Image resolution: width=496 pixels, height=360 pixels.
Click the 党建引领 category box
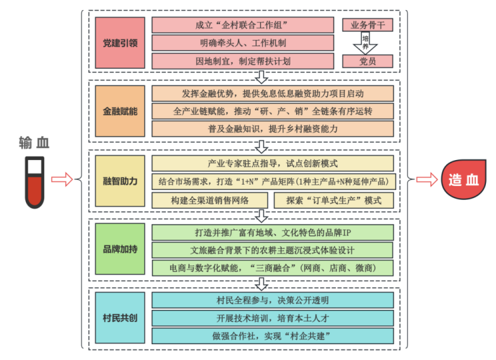(x=120, y=43)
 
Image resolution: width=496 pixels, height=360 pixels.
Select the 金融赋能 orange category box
(x=120, y=111)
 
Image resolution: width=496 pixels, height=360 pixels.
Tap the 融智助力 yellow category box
(x=120, y=181)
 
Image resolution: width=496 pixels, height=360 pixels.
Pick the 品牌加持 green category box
(x=120, y=249)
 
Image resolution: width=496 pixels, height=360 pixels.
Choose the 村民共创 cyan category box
(x=120, y=318)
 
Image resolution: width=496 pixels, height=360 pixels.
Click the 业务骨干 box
(x=368, y=25)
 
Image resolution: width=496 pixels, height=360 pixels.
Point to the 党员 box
(x=368, y=61)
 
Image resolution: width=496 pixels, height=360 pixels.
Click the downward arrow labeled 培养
(x=368, y=43)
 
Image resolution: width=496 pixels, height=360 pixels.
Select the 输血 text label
(x=34, y=144)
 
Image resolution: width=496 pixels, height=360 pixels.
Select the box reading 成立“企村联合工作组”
(x=242, y=25)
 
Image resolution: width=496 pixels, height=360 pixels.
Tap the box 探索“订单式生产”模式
(x=333, y=200)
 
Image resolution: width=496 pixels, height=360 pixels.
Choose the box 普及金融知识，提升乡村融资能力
(x=273, y=128)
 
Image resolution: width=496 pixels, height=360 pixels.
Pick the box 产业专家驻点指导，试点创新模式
(x=273, y=163)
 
